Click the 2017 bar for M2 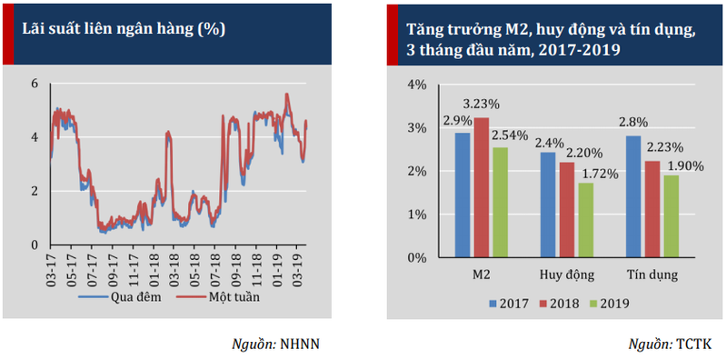pyautogui.click(x=463, y=195)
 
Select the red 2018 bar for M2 pyautogui.click(x=481, y=188)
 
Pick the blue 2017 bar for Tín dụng pyautogui.click(x=633, y=197)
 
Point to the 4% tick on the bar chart pyautogui.click(x=416, y=85)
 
